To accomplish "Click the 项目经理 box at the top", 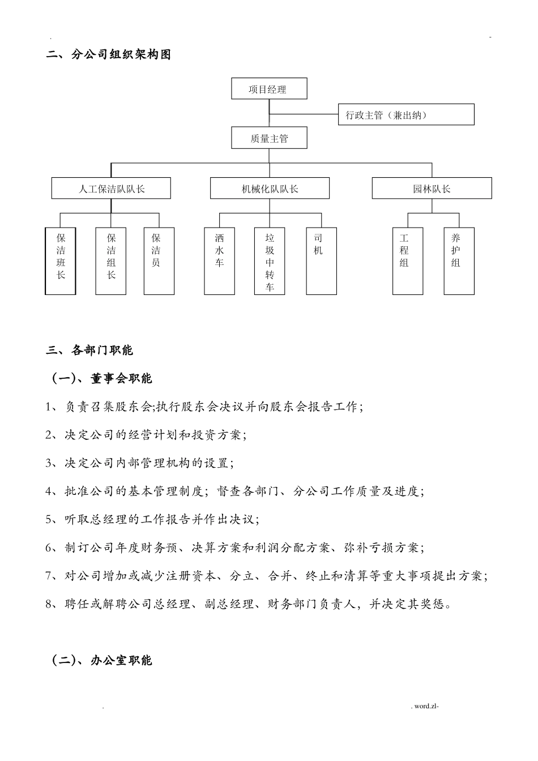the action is [x=269, y=89].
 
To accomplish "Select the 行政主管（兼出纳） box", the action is [x=405, y=115].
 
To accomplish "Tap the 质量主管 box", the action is [x=269, y=138].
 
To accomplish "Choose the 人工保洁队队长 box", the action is [x=111, y=189].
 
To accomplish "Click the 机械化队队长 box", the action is [x=270, y=189].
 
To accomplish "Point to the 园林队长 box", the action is [x=432, y=189].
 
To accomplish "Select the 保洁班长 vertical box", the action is [x=61, y=261].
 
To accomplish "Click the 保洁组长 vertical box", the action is [x=111, y=261].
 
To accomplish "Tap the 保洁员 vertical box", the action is [x=159, y=261].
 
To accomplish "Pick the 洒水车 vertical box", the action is [x=220, y=261].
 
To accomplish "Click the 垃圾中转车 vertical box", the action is [x=270, y=261].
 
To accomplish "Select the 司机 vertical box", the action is [x=322, y=261].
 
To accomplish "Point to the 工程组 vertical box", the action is [x=408, y=261].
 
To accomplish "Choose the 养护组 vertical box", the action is [x=459, y=261].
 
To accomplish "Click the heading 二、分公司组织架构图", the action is [x=108, y=55].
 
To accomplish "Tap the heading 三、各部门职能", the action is [x=89, y=350].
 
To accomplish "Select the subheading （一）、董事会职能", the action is [x=102, y=379].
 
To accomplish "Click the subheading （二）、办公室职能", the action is [x=102, y=660].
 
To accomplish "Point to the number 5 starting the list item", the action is [x=49, y=520].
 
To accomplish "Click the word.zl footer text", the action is [x=426, y=706].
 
